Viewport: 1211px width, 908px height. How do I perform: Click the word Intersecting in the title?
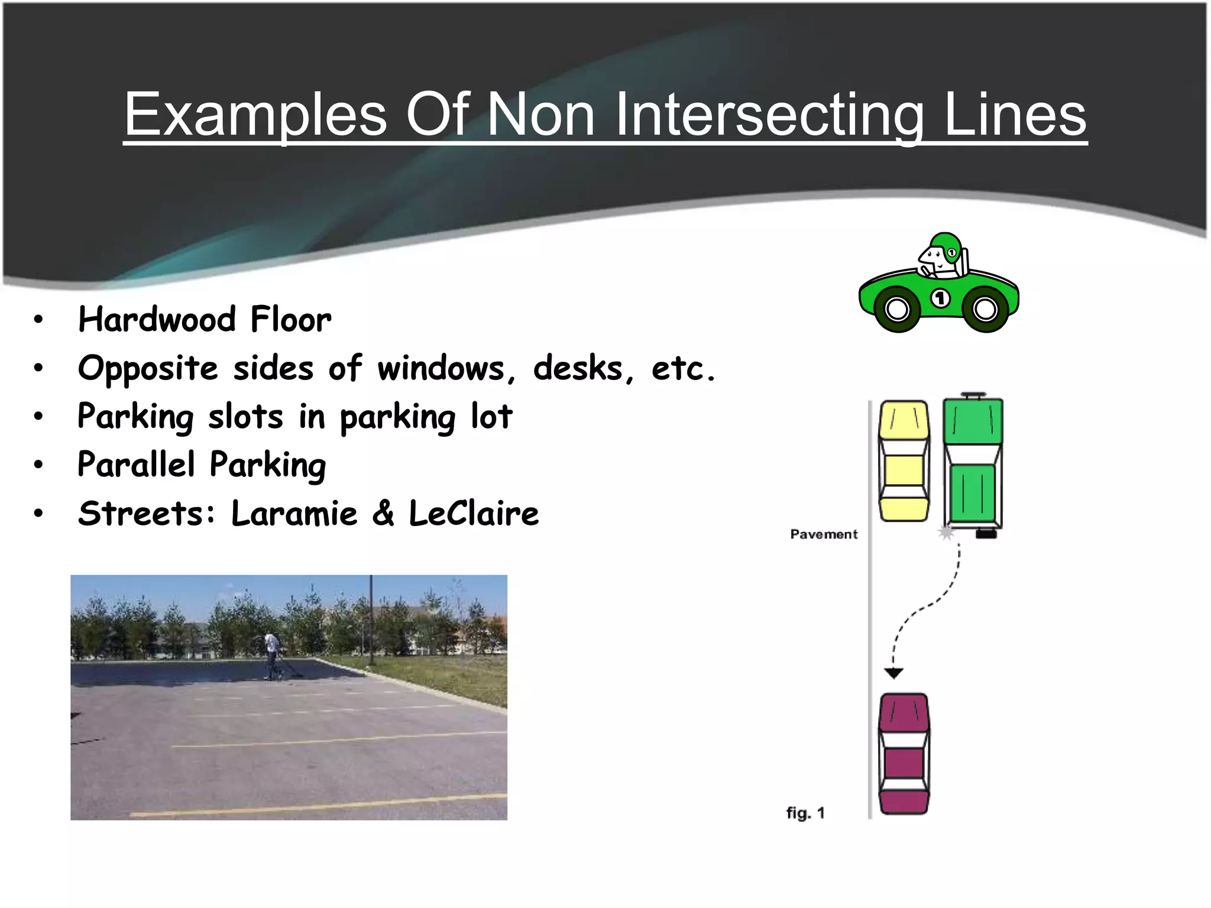pos(769,115)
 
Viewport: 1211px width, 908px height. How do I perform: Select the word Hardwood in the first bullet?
pos(157,320)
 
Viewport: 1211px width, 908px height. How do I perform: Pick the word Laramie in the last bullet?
pos(294,513)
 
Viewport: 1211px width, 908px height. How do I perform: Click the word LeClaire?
pos(474,513)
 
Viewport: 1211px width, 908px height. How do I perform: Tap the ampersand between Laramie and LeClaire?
pos(383,513)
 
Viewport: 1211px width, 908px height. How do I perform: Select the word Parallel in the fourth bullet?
pos(136,465)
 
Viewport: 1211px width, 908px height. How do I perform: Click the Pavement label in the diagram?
pos(824,534)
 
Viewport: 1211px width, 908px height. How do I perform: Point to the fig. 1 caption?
pos(805,813)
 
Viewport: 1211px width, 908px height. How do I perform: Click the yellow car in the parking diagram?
pos(904,461)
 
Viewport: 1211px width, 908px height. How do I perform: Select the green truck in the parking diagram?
pos(973,464)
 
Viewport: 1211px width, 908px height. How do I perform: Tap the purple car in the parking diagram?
pos(904,754)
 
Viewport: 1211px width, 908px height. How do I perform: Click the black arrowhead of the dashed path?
pos(893,673)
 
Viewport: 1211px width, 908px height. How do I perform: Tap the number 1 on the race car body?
pos(941,298)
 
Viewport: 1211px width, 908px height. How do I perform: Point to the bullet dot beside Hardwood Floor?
pos(38,320)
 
